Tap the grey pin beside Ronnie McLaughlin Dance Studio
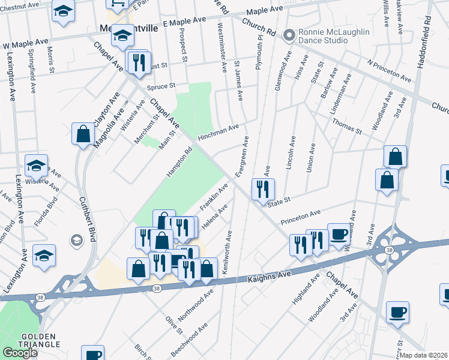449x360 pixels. pyautogui.click(x=289, y=36)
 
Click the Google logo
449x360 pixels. pyautogui.click(x=20, y=353)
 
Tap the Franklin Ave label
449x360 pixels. pyautogui.click(x=214, y=197)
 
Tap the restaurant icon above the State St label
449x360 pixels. pyautogui.click(x=262, y=189)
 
